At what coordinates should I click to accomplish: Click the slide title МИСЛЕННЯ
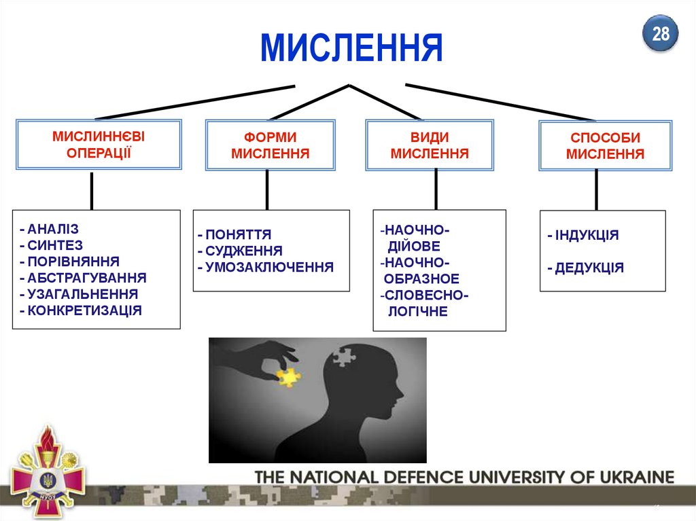click(351, 48)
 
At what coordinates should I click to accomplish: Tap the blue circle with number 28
click(661, 35)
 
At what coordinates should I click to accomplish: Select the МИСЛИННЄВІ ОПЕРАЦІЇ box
click(99, 144)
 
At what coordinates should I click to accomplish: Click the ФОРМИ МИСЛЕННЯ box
click(270, 145)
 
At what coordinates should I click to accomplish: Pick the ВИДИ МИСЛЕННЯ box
click(430, 145)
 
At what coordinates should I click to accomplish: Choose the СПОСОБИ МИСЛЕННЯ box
click(605, 146)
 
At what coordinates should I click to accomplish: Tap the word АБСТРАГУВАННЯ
click(87, 278)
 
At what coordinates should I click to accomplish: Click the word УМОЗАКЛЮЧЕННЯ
click(270, 267)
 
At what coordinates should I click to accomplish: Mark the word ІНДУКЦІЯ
click(587, 236)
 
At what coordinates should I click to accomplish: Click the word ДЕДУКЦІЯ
click(589, 268)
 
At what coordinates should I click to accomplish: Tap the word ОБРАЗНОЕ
click(421, 279)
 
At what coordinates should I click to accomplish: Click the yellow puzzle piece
click(289, 376)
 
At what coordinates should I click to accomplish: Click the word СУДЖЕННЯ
click(244, 251)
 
